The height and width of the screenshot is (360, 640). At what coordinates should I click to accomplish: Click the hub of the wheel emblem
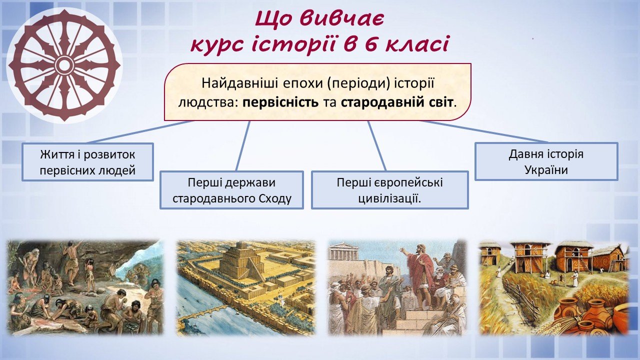[x=64, y=65]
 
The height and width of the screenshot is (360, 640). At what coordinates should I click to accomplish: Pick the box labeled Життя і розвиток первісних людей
[x=87, y=162]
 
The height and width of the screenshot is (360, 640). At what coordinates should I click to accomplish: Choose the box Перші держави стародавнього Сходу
[x=231, y=190]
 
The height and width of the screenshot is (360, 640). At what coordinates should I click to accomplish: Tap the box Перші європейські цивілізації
[x=389, y=190]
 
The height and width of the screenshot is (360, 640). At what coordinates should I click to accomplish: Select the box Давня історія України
[x=546, y=161]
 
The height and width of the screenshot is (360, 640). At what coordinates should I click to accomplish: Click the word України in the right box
[x=546, y=170]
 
